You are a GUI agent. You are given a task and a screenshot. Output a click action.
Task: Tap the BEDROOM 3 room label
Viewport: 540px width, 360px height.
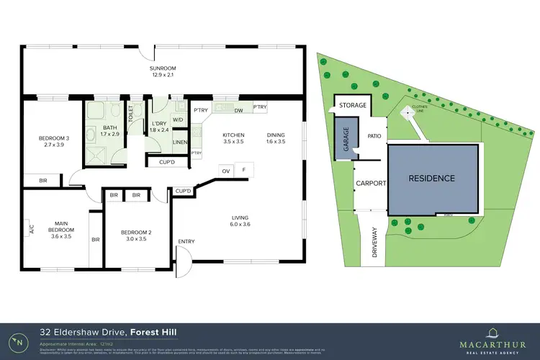[55, 138]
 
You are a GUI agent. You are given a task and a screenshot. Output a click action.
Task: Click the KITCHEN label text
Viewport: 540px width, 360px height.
[233, 135]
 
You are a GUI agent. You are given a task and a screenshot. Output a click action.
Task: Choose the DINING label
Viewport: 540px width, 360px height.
[276, 135]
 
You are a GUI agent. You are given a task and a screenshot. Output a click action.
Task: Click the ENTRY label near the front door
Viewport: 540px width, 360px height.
[186, 241]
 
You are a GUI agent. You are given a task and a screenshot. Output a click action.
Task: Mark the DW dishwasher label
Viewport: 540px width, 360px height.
[238, 109]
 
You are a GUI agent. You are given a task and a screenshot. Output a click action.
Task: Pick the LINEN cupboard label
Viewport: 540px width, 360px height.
[180, 142]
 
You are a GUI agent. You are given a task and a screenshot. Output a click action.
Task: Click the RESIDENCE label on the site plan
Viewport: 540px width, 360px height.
[432, 178]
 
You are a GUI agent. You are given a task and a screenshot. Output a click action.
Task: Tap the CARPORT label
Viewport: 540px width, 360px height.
[372, 184]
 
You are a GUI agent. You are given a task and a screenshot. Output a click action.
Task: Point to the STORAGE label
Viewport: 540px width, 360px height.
[353, 105]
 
